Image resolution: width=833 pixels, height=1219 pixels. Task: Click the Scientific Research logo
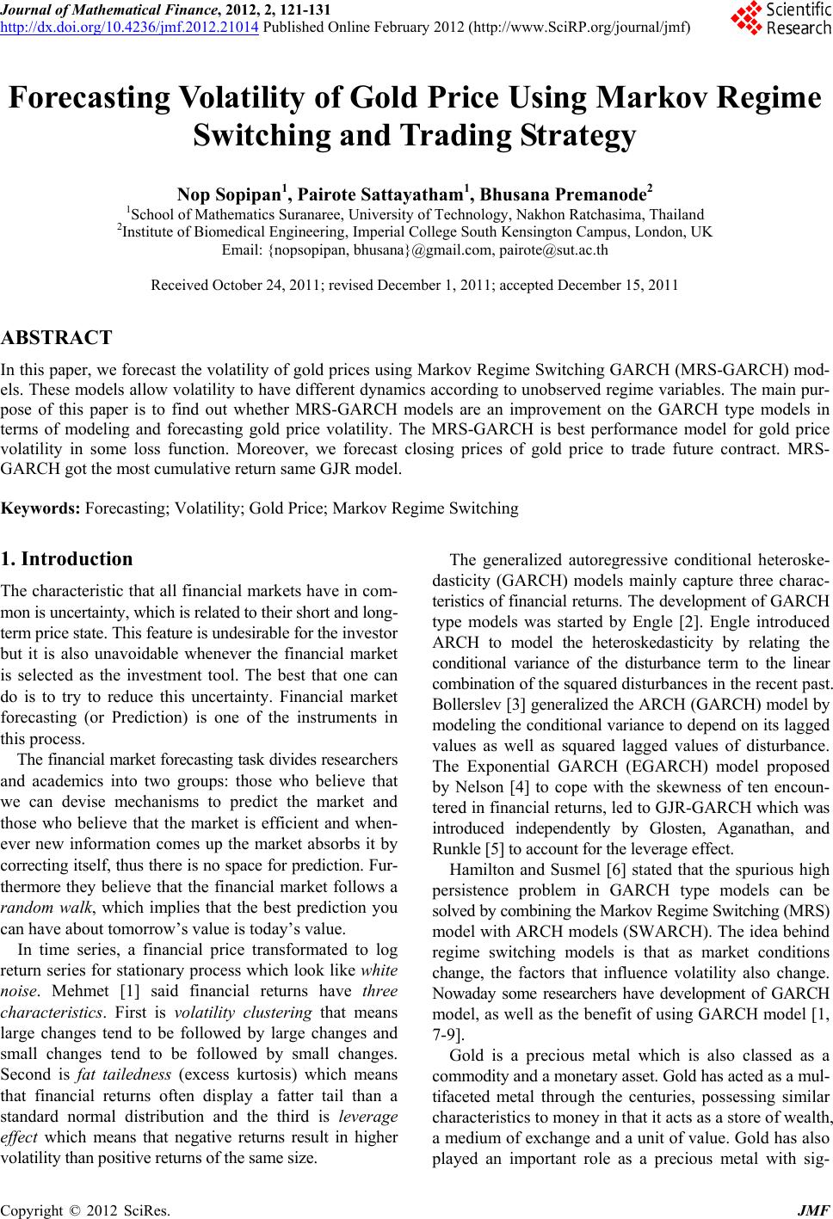[779, 19]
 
